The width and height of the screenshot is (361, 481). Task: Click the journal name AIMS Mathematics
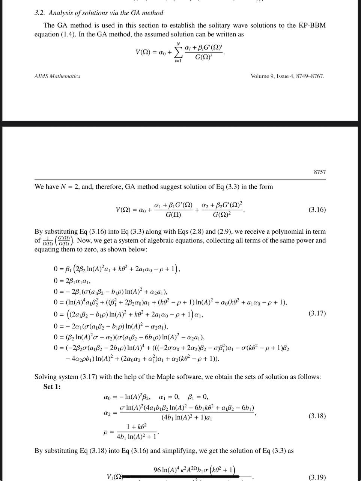click(57, 76)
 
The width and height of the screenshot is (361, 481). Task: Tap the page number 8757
click(320, 172)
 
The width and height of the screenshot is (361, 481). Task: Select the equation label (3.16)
click(317, 210)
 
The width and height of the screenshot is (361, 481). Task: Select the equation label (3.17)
click(317, 313)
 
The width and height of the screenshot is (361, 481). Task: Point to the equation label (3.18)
click(317, 416)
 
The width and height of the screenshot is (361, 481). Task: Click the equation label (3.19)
click(317, 477)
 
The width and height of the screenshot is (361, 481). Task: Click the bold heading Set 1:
click(52, 387)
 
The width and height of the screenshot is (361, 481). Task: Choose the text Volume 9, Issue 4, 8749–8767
click(287, 76)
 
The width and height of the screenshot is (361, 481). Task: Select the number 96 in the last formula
click(158, 470)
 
